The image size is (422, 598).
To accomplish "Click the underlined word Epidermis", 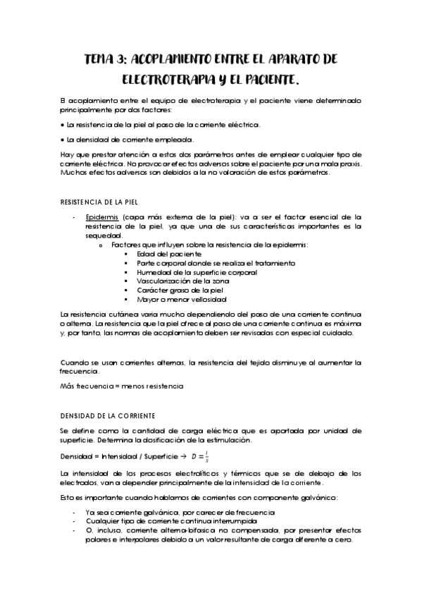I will point(100,217).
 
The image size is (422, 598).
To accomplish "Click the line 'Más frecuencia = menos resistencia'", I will point(122,386).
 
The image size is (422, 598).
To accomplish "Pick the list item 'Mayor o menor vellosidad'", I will point(186,299).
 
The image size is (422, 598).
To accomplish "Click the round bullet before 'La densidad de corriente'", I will point(63,140).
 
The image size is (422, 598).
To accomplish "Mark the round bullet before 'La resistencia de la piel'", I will point(63,124).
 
